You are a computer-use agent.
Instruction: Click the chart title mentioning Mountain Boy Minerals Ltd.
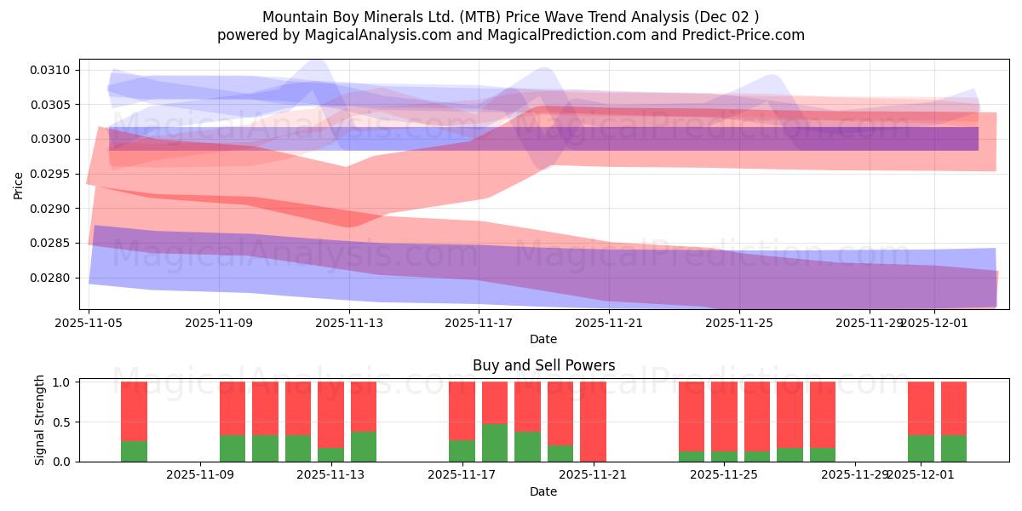coord(510,17)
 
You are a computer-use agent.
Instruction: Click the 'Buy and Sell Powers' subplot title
coord(543,365)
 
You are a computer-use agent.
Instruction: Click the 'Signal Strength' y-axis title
coord(40,421)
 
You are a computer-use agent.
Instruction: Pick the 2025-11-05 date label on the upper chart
coord(89,324)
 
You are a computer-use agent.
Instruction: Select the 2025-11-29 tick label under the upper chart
coord(869,324)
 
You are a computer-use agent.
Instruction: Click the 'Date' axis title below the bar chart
coord(543,491)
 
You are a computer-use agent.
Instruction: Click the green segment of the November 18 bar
coord(495,442)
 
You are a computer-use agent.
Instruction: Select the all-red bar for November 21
coord(593,421)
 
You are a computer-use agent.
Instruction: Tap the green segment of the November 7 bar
coord(134,451)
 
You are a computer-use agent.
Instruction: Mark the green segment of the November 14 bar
coord(364,446)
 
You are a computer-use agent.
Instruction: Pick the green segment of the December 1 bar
coord(921,448)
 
